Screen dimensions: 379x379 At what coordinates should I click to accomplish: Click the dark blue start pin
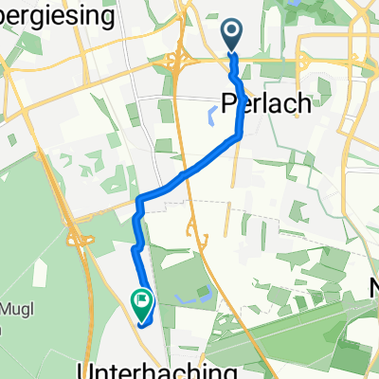click(x=233, y=37)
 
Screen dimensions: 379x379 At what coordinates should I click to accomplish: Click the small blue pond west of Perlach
click(x=208, y=118)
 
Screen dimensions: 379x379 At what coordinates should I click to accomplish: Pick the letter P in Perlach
click(x=228, y=103)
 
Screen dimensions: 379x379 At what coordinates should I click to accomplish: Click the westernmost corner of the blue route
click(x=139, y=200)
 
